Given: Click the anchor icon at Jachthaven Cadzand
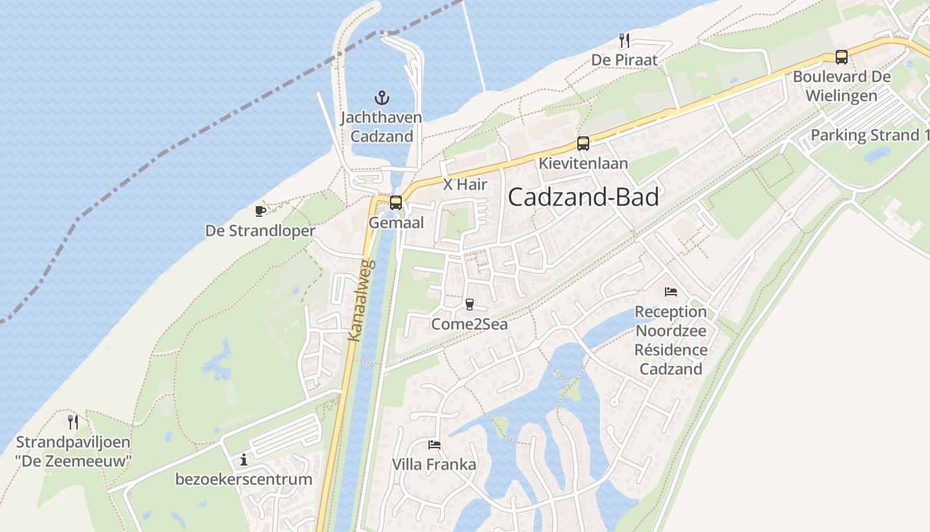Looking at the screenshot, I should pos(381,98).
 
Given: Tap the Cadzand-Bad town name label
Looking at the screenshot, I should pos(583,198).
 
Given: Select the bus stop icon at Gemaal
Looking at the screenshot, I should pos(396,203).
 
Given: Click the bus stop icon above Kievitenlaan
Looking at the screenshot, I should pos(583,143).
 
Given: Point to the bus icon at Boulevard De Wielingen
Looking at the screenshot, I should pos(842,57).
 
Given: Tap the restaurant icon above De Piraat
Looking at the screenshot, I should pos(624,41).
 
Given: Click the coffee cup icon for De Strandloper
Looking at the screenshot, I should pos(260,211).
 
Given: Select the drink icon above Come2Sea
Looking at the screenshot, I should pos(470,305).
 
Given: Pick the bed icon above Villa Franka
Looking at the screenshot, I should pos(434,444).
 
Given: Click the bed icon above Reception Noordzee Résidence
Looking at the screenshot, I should pos(671,291).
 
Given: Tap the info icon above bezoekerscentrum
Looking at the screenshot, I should pos(244,460).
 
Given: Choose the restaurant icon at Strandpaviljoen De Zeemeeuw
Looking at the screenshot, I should pos(73,422).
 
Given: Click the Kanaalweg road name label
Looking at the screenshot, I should pos(361,301).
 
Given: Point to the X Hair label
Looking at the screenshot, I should pos(465,185).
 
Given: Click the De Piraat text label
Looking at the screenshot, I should pos(624,61).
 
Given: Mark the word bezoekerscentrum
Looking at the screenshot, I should pos(244,479).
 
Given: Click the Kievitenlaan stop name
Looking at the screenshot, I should pos(583,163).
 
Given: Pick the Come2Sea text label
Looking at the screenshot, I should pos(470,324).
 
